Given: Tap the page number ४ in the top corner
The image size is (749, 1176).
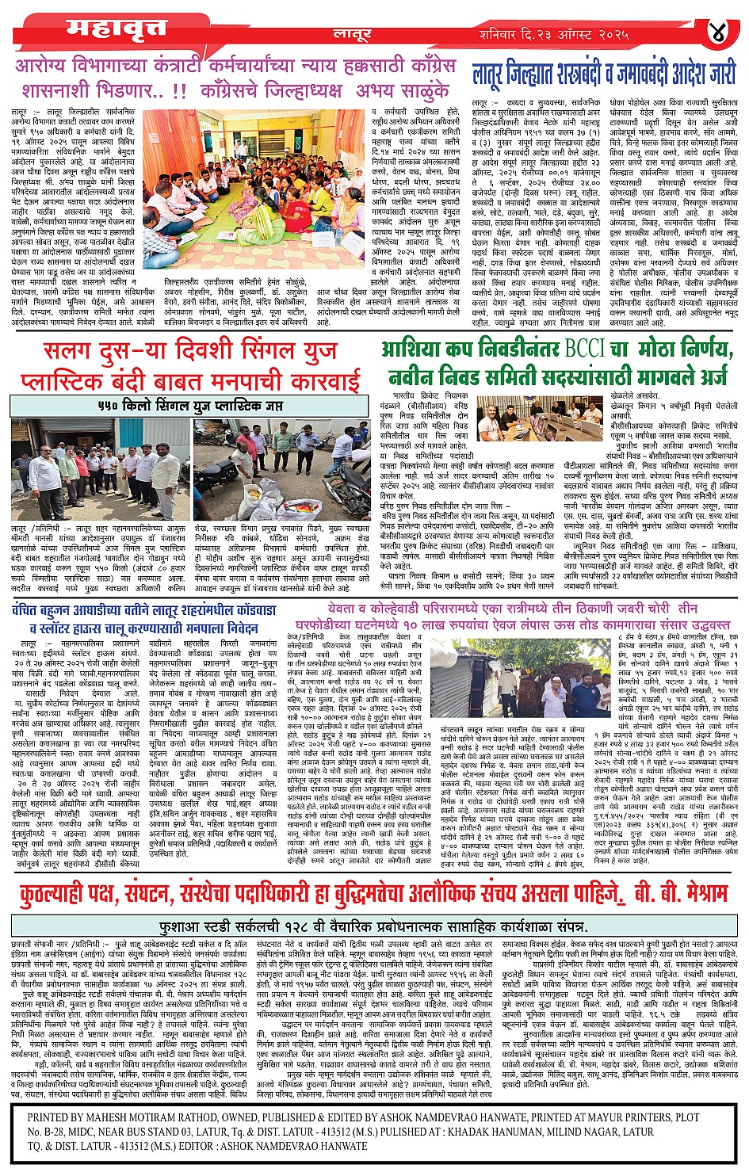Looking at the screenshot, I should [x=718, y=33].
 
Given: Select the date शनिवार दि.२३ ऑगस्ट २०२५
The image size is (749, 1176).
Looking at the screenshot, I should [x=554, y=35].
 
